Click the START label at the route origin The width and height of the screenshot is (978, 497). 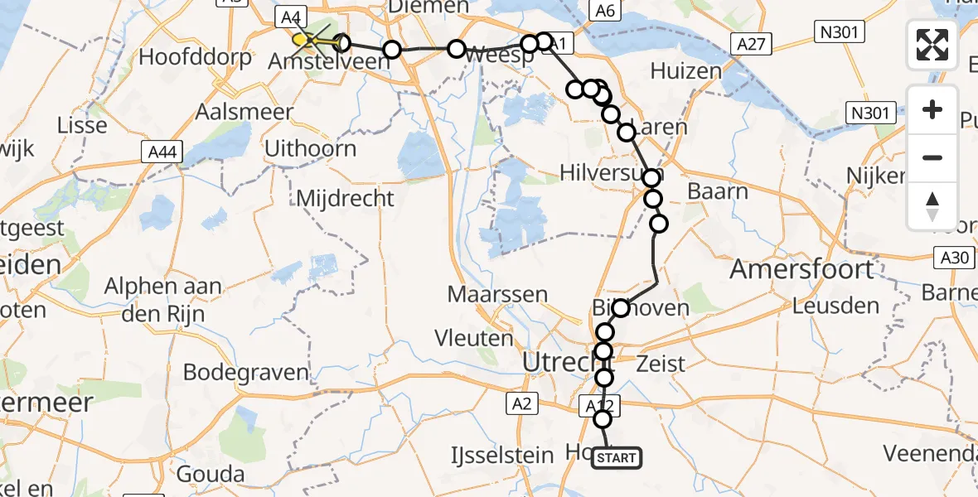(x=617, y=458)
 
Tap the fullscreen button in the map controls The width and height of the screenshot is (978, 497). (x=932, y=45)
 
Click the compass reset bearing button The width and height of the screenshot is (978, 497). (x=932, y=206)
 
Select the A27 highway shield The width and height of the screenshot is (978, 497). (x=752, y=43)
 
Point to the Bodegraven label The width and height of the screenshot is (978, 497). (x=244, y=372)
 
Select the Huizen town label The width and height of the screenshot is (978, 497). (x=685, y=71)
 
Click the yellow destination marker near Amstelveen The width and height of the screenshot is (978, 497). (x=301, y=39)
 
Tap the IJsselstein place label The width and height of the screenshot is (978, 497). (x=501, y=455)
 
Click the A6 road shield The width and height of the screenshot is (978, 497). (x=603, y=10)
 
